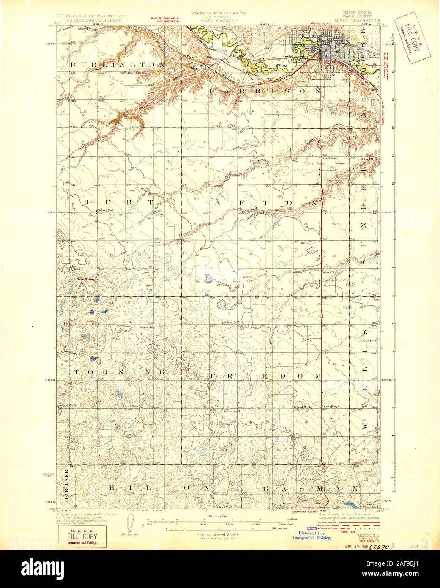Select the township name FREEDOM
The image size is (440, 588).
[266, 376]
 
